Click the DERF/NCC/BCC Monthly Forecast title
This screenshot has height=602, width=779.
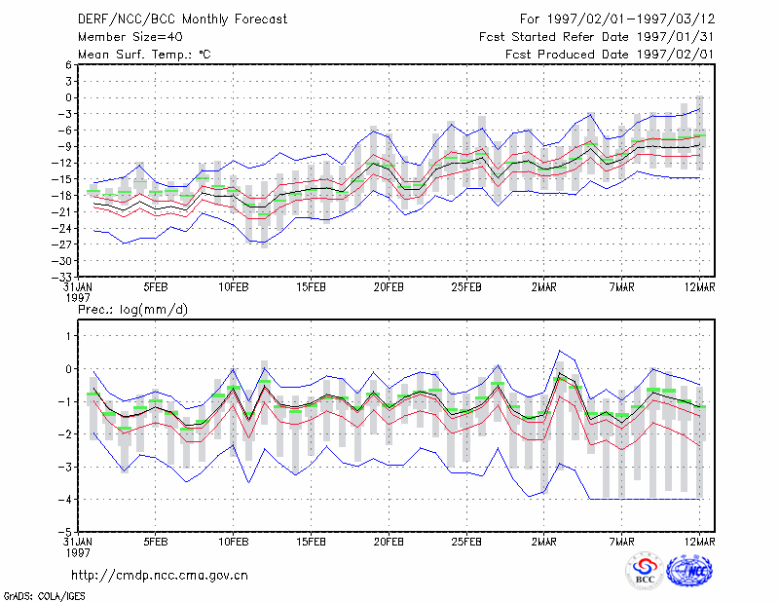point(182,19)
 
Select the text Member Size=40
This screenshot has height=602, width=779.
point(130,37)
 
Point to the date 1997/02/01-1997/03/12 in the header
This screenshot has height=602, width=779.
point(630,19)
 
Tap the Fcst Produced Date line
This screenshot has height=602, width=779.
point(610,55)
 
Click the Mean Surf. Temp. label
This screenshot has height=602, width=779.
point(144,55)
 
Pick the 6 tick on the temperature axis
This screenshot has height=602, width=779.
point(68,65)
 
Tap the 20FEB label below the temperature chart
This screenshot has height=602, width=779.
point(389,287)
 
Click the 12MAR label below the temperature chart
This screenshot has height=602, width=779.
point(699,287)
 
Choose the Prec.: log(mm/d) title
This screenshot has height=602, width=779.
point(132,310)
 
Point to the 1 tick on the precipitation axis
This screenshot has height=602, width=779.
point(68,336)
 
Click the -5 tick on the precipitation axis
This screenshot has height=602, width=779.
point(64,532)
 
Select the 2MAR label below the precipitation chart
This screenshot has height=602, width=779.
point(544,542)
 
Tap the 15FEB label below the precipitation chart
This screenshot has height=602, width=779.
point(311,542)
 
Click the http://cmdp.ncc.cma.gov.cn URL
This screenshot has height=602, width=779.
point(160,576)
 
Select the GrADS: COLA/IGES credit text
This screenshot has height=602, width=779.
point(44,596)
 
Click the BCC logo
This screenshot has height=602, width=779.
point(645,571)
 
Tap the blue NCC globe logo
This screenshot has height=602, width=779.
point(689,571)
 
